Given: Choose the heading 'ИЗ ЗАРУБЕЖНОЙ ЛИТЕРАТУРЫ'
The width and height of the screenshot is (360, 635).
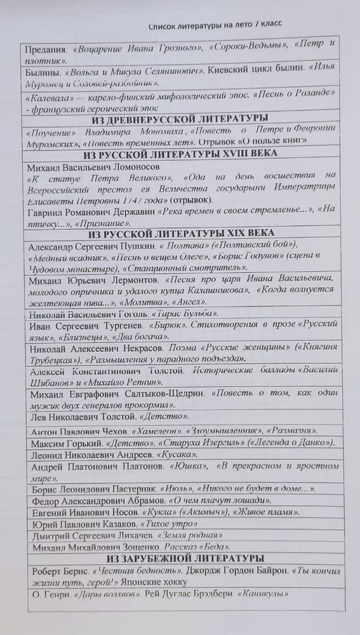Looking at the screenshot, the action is (184, 558).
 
